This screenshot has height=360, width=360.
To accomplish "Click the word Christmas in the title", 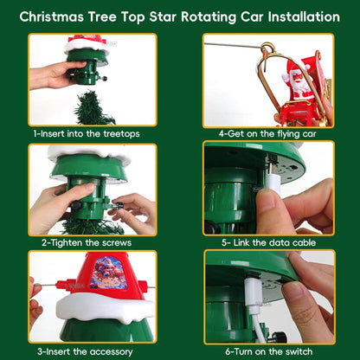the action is (x=52, y=16).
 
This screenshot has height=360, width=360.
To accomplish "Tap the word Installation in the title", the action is (x=304, y=16).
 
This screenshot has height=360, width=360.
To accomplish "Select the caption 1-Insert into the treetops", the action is (x=87, y=134).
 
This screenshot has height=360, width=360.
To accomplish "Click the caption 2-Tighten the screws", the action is (x=87, y=242).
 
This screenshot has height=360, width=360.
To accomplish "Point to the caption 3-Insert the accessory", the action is (x=85, y=351).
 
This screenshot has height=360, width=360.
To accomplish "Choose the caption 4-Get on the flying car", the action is (x=267, y=134).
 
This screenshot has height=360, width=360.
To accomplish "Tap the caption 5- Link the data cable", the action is (x=268, y=242).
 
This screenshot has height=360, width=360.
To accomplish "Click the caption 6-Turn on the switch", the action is (x=269, y=351).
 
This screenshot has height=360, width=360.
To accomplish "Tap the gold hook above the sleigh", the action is (x=267, y=48).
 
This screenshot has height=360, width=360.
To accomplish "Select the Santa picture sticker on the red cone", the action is (x=109, y=273).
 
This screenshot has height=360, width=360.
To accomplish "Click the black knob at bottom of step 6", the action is (x=279, y=337).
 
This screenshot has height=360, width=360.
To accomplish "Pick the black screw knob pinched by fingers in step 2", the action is (x=119, y=206).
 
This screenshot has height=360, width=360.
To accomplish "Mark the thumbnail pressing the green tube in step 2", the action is (x=89, y=188).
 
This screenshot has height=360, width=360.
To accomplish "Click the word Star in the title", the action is (x=163, y=16).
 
